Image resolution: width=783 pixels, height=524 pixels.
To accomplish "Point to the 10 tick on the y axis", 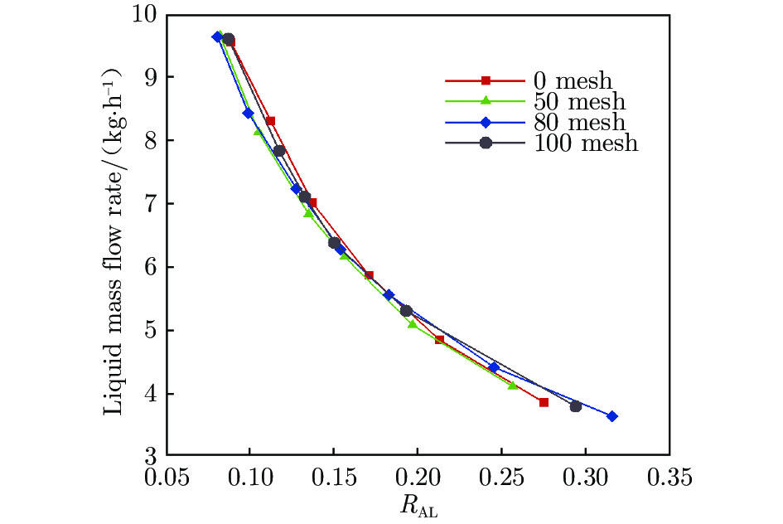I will click(148, 14).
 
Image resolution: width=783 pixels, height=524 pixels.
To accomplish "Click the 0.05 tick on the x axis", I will click(167, 479).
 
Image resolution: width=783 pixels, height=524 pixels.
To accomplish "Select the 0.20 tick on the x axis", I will click(418, 479).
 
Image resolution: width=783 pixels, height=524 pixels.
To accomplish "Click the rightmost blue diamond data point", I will click(611, 416).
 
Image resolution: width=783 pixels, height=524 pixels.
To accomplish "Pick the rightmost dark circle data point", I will click(575, 406).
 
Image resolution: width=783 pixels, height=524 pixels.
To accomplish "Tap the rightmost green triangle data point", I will click(512, 385).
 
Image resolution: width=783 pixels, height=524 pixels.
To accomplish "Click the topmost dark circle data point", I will click(229, 39).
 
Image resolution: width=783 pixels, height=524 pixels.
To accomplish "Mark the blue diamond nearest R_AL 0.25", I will click(494, 366).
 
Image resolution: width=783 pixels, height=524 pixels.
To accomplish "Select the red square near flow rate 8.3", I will click(270, 121).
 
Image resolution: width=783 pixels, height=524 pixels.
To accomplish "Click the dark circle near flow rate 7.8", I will click(279, 151).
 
